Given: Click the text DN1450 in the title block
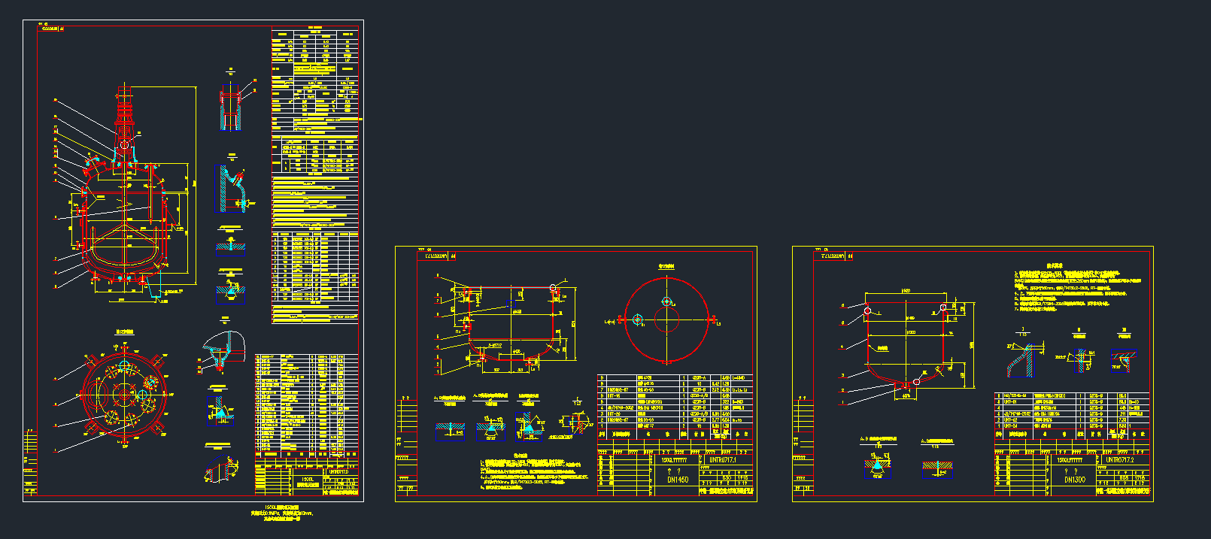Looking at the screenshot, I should (x=677, y=480).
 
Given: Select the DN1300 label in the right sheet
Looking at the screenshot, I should (x=1074, y=480).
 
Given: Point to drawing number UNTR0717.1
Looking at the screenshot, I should (x=722, y=459).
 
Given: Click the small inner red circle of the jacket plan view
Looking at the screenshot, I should (x=666, y=319).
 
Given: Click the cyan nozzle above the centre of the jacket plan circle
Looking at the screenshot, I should (x=666, y=301).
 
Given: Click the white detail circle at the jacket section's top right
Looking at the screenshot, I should (x=554, y=288).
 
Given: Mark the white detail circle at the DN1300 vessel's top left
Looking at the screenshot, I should (x=867, y=310).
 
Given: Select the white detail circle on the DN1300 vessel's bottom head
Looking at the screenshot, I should (x=916, y=382).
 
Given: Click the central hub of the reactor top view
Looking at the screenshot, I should (x=123, y=394).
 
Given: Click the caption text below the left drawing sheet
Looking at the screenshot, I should (x=282, y=513).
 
